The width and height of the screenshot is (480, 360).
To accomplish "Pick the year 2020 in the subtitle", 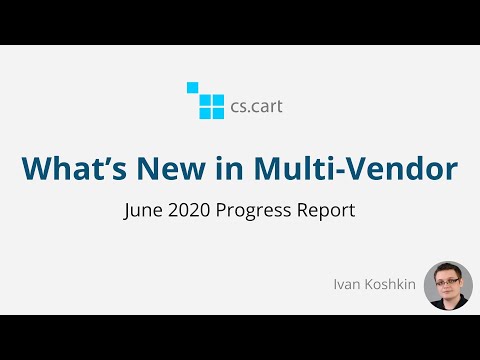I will click(x=190, y=212).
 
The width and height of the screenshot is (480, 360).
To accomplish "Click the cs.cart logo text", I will click(x=256, y=102).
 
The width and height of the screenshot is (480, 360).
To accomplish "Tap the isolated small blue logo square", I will click(x=192, y=87).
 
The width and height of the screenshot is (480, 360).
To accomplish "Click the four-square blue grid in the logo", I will click(x=211, y=105).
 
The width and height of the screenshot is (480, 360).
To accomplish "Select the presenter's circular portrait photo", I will click(x=449, y=286).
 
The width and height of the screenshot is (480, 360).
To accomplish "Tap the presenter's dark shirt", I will click(x=447, y=304).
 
